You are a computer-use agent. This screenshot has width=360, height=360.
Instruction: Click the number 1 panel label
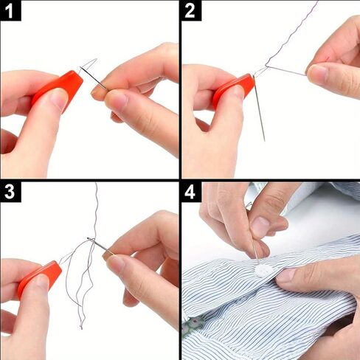(10, 11)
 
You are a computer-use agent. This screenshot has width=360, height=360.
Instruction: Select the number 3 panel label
(10, 192)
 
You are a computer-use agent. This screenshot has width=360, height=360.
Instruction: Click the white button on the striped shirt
(264, 270)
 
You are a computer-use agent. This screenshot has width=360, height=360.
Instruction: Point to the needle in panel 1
(94, 78)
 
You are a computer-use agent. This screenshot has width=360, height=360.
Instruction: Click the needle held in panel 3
(100, 246)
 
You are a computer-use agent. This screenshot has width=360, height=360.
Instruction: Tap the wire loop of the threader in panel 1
(89, 64)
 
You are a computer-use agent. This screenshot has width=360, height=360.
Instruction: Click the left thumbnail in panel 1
(59, 98)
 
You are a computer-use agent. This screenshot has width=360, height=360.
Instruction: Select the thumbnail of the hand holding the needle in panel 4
(258, 223)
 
